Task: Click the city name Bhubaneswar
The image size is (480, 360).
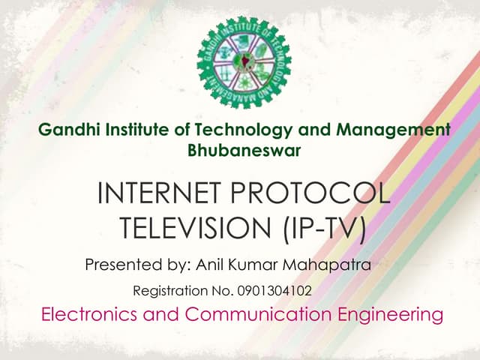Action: pos(244,150)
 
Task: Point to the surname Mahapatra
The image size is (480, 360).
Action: pos(331,264)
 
